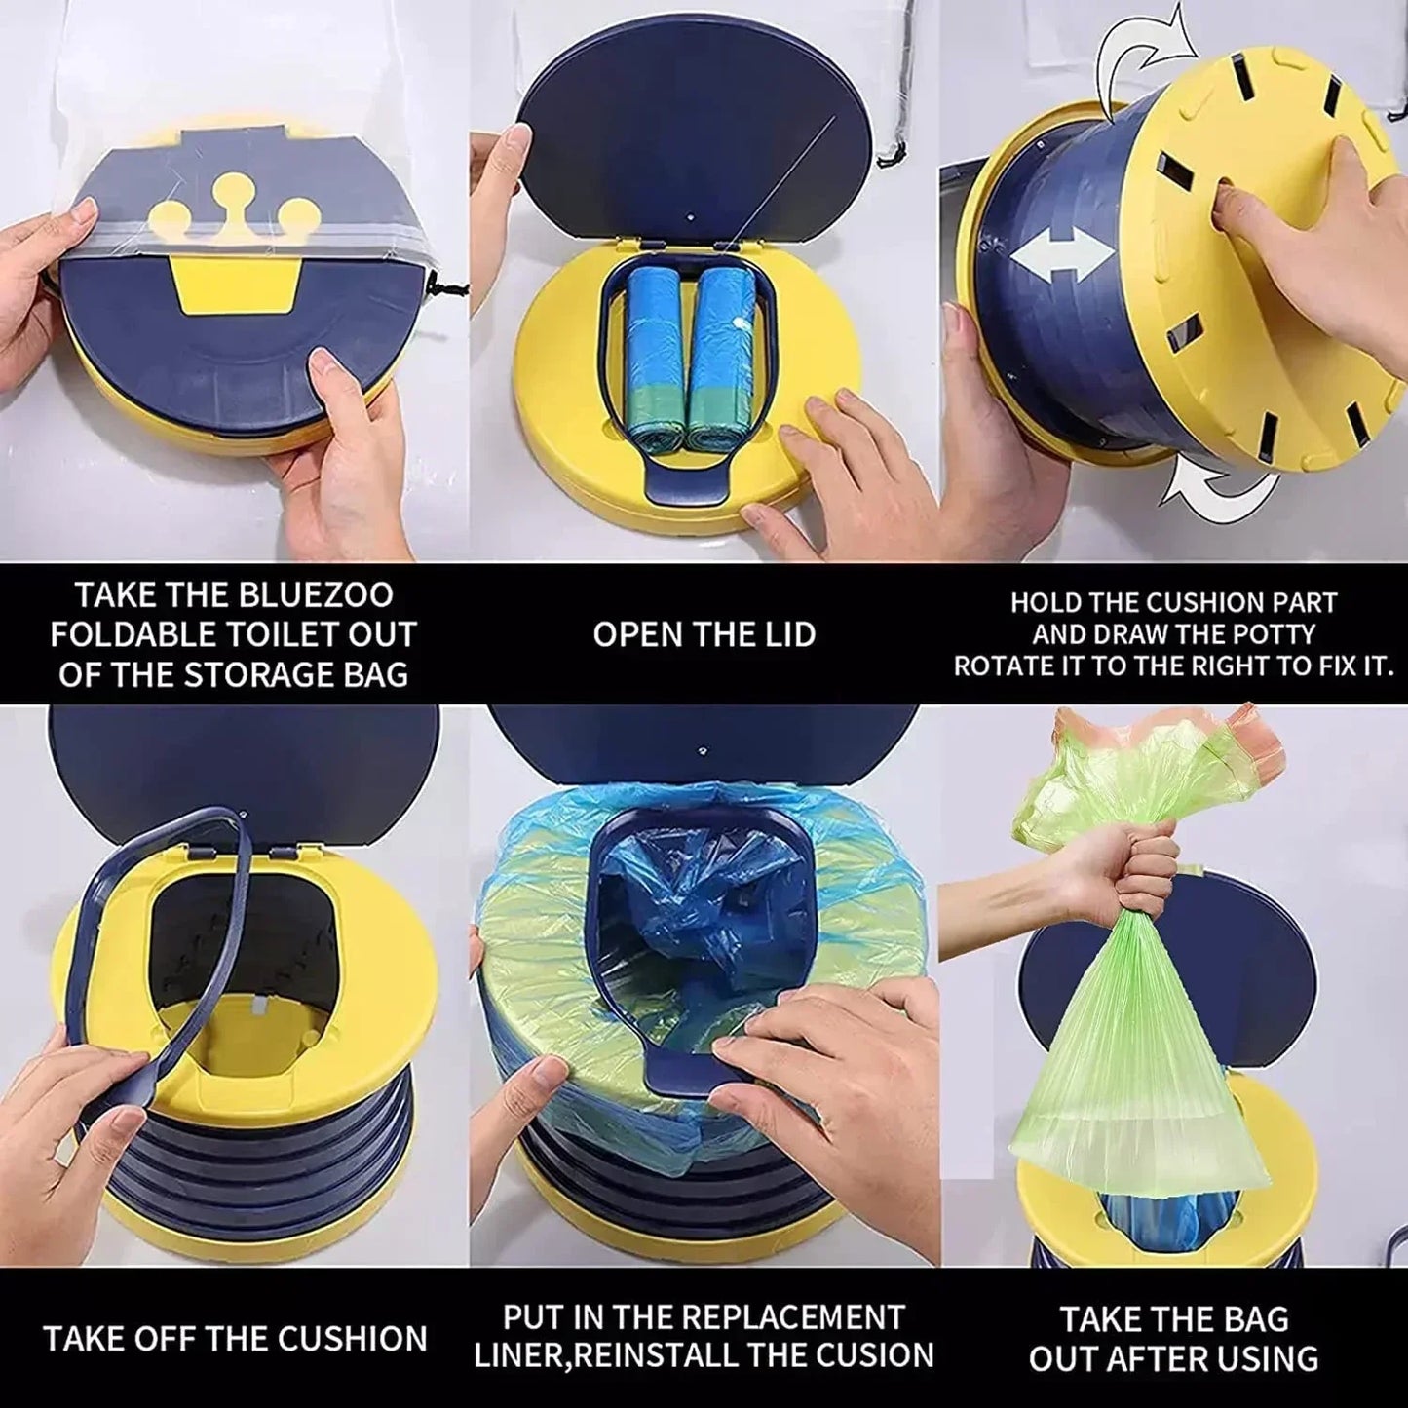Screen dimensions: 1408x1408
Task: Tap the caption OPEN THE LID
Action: tap(704, 634)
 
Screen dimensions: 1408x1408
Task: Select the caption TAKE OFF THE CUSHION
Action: tap(235, 1338)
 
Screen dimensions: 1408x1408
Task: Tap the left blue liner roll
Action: tap(657, 356)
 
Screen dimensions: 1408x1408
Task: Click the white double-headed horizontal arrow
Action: tap(1062, 255)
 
